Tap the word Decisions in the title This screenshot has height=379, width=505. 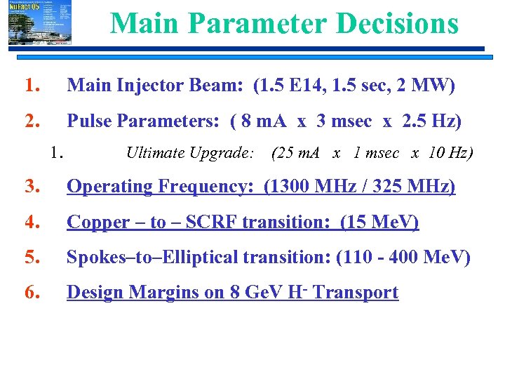coord(397,23)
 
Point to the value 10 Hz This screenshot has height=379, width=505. coord(448,152)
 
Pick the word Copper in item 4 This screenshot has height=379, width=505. coord(98,222)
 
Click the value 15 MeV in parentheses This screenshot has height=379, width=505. coord(380,222)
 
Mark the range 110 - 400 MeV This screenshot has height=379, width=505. coord(403,258)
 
